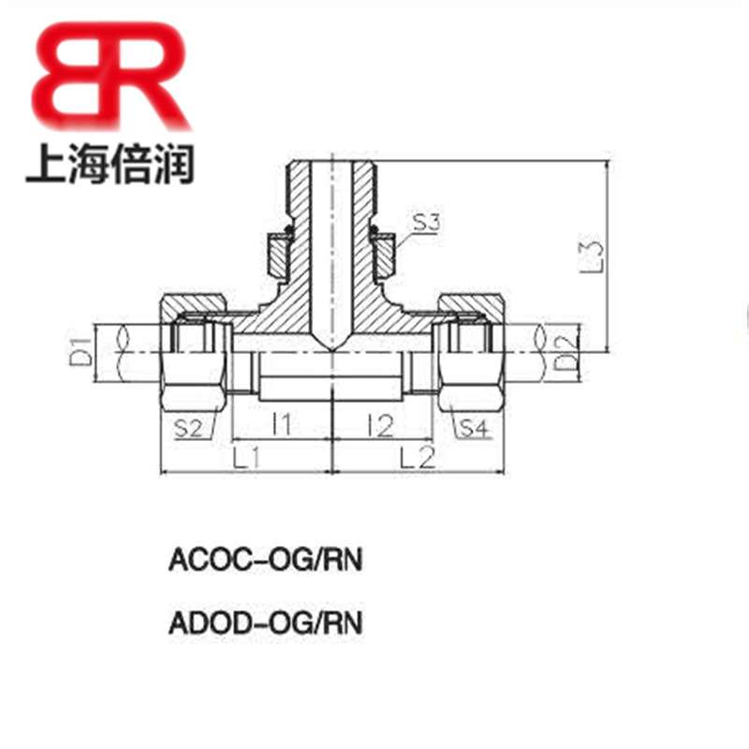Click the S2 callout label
[190, 429]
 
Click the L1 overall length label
[246, 460]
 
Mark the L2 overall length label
[415, 460]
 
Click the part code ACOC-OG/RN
[265, 561]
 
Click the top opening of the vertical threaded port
[331, 165]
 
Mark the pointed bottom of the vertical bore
[331, 349]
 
